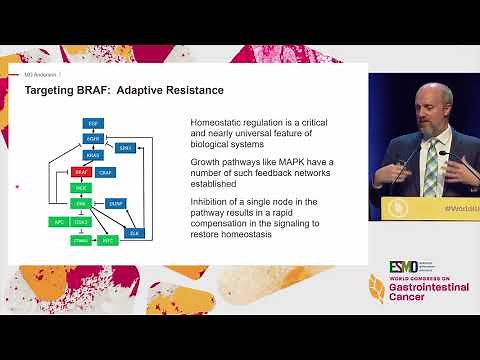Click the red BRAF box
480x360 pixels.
click(81, 172)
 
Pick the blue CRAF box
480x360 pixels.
click(105, 172)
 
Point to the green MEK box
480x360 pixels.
click(81, 187)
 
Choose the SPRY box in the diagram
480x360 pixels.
click(125, 147)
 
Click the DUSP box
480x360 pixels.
click(114, 203)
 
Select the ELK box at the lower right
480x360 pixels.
click(134, 232)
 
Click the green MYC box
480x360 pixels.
click(108, 240)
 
